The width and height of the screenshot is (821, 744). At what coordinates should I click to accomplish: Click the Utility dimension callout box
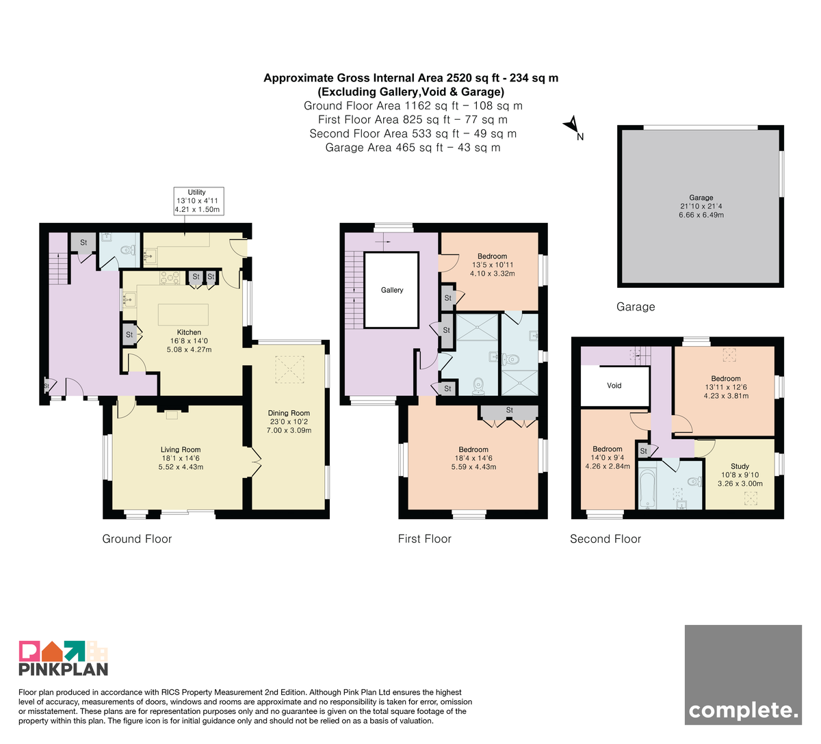(198, 200)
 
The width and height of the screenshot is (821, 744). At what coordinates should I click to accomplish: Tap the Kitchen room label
(189, 332)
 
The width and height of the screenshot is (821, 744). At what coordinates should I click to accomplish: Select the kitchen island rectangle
(183, 315)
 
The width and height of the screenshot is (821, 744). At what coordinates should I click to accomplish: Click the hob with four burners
(170, 278)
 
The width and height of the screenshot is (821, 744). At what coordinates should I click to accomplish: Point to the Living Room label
(181, 449)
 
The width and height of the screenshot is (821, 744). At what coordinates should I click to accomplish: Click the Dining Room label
(289, 413)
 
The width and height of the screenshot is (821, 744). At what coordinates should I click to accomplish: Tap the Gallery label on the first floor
(391, 290)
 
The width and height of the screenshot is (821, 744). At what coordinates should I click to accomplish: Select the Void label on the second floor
(614, 386)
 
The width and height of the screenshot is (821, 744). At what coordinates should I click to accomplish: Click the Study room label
(740, 466)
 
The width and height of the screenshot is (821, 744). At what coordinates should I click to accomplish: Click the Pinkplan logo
(64, 659)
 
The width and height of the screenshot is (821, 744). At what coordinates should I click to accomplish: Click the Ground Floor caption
(137, 539)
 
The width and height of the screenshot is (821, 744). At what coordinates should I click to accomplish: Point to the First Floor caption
(424, 539)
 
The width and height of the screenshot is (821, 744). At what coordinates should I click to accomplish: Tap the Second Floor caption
(605, 539)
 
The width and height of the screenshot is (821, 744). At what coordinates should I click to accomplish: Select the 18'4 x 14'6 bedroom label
(473, 458)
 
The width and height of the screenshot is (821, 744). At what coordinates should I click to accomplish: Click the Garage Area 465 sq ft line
(413, 147)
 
